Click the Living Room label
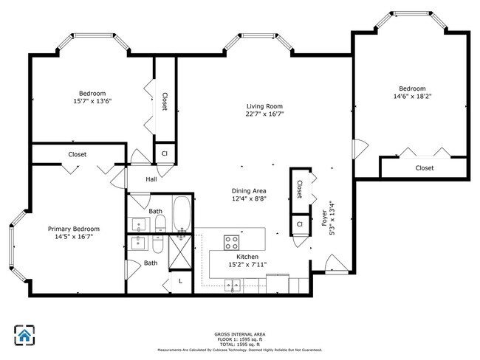264,106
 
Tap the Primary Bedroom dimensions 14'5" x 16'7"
74,236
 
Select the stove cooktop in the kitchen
231,243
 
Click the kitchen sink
233,285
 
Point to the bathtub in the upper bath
182,215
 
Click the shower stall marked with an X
180,252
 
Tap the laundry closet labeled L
181,281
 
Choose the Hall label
151,179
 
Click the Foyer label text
324,218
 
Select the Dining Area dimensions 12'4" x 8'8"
249,198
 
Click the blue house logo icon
24,335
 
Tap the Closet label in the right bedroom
425,168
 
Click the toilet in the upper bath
160,224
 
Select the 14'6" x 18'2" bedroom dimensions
412,97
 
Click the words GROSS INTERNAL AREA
240,334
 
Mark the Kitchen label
247,257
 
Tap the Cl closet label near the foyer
300,224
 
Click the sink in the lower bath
140,243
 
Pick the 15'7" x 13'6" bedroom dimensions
92,101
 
